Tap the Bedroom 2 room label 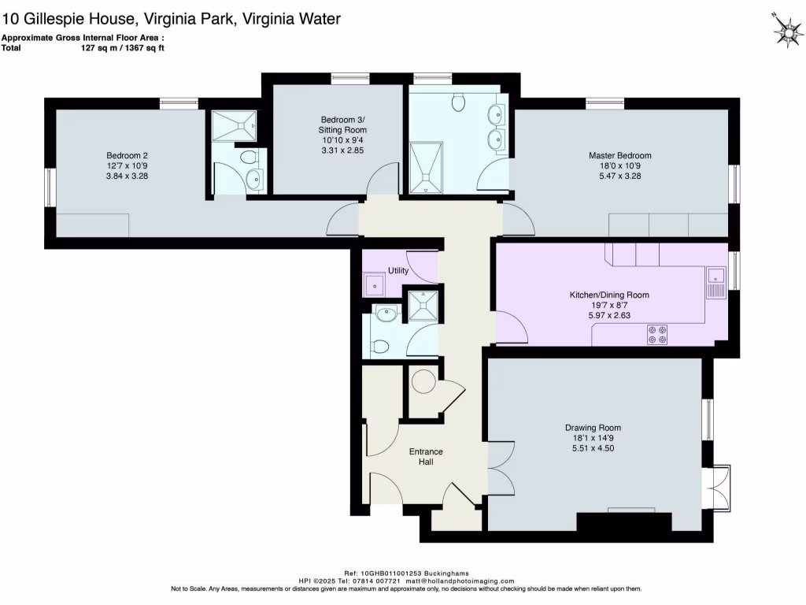[128, 155]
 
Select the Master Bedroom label [620, 156]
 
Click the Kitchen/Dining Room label [609, 295]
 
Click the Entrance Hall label [425, 456]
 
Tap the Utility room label [398, 271]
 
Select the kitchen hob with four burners [656, 335]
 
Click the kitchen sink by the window [715, 282]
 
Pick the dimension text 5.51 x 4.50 [592, 449]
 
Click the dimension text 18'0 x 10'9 [620, 166]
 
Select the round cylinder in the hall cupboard [424, 381]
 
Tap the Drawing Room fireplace [624, 521]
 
